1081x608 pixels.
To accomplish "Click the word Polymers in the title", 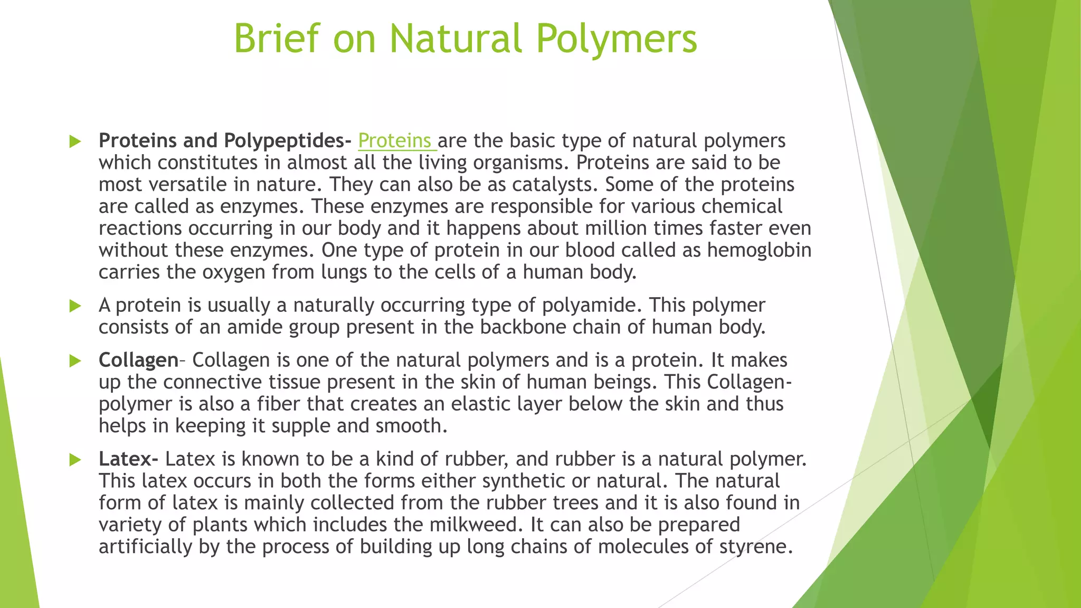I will coord(617,39).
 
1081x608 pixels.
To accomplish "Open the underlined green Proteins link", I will coord(395,141).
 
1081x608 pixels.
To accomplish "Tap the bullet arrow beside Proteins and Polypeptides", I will coord(75,141).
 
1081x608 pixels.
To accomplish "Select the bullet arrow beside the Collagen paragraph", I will coord(75,361).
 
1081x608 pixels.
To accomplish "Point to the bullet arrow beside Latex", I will coord(75,460).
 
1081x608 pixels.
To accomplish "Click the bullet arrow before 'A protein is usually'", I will coord(75,306).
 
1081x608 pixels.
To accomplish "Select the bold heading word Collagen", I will coord(138,360).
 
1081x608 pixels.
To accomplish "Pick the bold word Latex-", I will coord(128,459).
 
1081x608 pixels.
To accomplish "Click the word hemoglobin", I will coord(759,250).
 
